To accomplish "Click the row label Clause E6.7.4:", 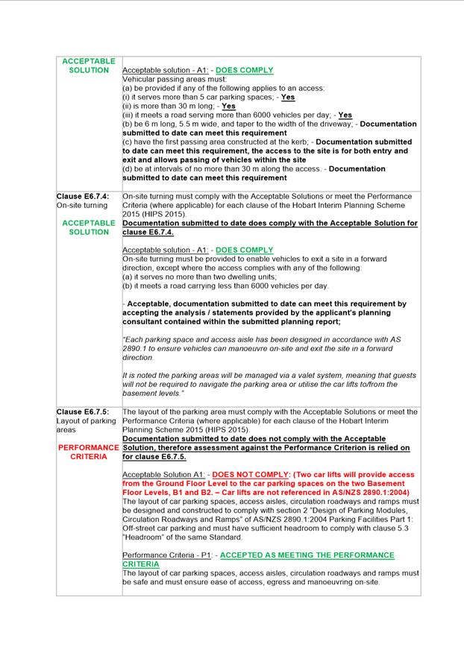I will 83,196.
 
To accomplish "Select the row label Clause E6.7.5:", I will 83,411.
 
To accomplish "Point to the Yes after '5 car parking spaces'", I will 287,97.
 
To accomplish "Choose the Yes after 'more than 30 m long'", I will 228,106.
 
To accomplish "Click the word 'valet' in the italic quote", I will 299,375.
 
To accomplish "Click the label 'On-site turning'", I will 82,205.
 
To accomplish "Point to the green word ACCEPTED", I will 245,555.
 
